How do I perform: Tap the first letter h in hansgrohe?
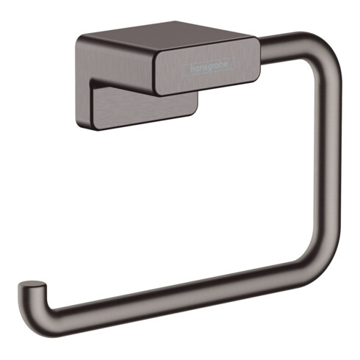tap(192, 69)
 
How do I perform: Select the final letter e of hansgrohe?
tap(226, 64)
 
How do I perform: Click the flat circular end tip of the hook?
tap(32, 284)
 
